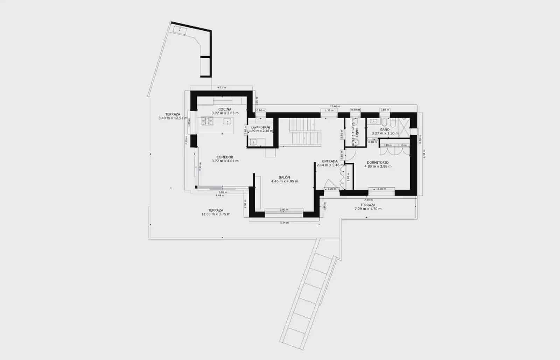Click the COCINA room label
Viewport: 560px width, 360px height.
(225, 109)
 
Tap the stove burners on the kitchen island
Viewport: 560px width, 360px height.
(207, 121)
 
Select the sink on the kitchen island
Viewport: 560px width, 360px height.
(227, 122)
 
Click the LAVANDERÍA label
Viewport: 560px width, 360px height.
(260, 127)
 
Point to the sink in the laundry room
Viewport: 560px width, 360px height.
(254, 142)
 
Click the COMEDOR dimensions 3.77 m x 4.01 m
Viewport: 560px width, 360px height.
(225, 161)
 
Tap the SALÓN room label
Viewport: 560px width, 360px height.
(284, 177)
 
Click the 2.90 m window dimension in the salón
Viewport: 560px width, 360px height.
(284, 210)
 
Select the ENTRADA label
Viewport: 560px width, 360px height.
(330, 161)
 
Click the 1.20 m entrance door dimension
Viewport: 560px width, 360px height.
(331, 189)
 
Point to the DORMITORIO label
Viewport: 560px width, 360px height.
(378, 163)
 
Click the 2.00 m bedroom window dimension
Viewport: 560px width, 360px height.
(381, 189)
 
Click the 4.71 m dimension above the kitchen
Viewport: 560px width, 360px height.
(221, 87)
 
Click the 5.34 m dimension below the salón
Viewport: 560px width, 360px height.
(284, 223)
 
